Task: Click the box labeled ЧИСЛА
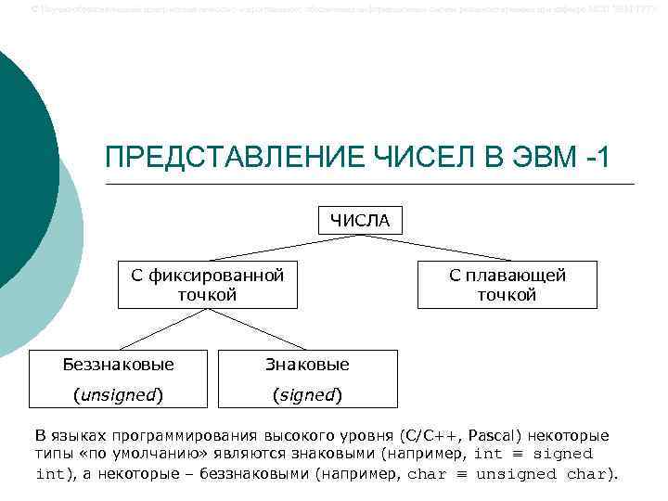[x=359, y=220]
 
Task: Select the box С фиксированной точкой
[x=207, y=284]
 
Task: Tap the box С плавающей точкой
[x=507, y=284]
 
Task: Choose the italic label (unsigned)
[x=118, y=394]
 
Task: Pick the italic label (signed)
[x=307, y=394]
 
